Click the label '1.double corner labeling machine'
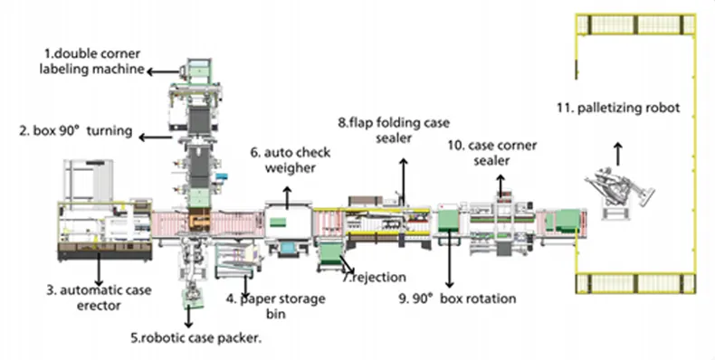pos(91,62)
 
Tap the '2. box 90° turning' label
pos(76,131)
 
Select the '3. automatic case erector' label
pos(99,298)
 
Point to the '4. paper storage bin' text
pos(276,306)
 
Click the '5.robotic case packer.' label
pos(196,337)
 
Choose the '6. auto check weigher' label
pos(291,160)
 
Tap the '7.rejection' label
pos(375,277)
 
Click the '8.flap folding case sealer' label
pos(394,130)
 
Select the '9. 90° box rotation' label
pos(457,298)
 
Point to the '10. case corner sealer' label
pos(492,153)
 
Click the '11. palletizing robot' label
pos(618,108)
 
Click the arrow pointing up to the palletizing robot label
pos(618,154)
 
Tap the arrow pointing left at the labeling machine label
pos(164,71)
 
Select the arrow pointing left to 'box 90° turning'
pos(156,137)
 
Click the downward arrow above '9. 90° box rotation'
pos(450,259)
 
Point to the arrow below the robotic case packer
pos(188,316)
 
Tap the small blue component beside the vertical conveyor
pos(222,176)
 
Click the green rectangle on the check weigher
pos(278,223)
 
